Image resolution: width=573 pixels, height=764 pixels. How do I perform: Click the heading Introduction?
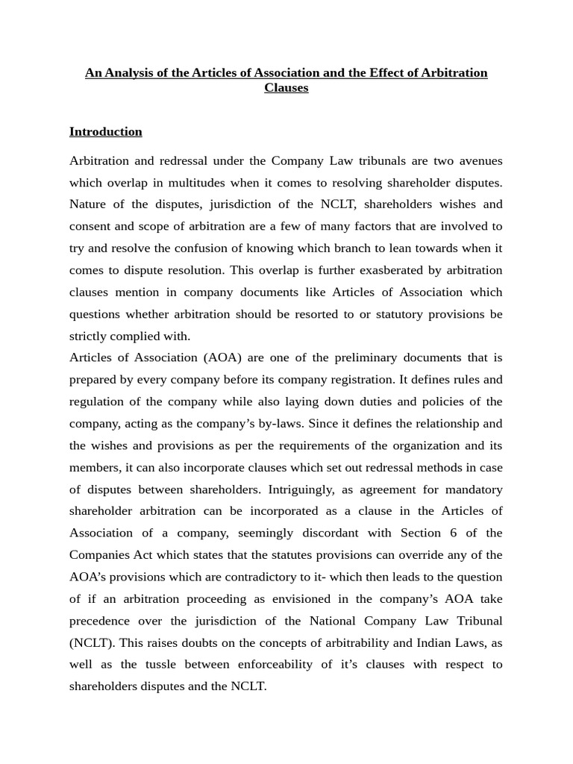tap(105, 132)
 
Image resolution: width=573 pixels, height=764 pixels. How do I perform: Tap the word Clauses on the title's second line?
tap(286, 88)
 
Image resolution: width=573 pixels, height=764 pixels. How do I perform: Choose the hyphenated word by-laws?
tap(299, 424)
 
